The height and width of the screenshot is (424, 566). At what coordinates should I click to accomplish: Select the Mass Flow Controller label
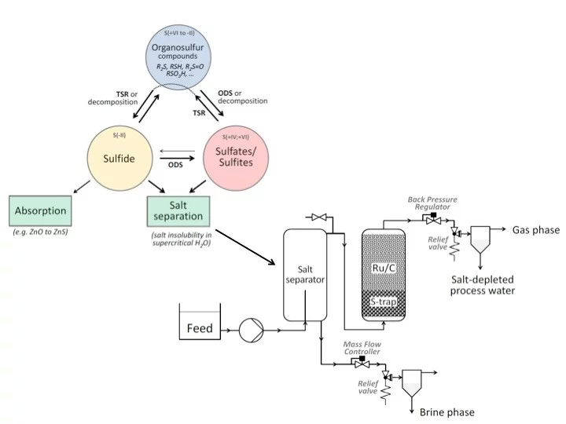pyautogui.click(x=362, y=348)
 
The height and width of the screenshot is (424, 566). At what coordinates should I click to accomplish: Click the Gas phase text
pyautogui.click(x=535, y=230)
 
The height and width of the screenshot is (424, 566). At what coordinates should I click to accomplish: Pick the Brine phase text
pyautogui.click(x=447, y=411)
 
